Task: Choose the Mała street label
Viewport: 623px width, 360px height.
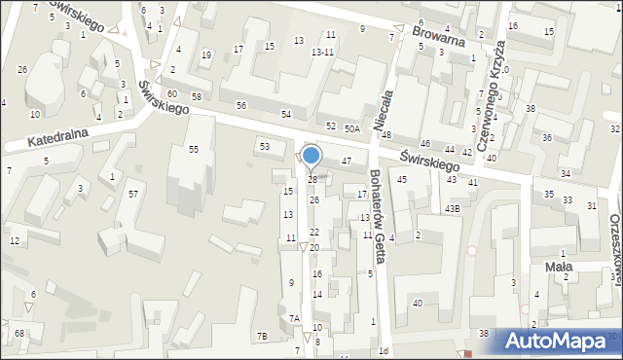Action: (x=559, y=265)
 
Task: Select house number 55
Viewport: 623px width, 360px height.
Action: (x=194, y=149)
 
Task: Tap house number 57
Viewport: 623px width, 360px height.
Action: (x=132, y=195)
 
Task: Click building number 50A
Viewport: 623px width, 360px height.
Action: (x=351, y=127)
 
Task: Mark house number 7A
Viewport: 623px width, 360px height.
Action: (x=294, y=318)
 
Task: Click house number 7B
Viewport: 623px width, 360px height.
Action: (x=262, y=336)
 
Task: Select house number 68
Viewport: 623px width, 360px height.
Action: (x=19, y=334)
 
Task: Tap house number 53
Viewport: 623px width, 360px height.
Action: (x=264, y=146)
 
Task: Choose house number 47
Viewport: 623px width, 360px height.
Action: (x=346, y=161)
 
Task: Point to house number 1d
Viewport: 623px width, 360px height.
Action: (x=384, y=350)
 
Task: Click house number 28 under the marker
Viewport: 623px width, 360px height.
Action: (x=312, y=180)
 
